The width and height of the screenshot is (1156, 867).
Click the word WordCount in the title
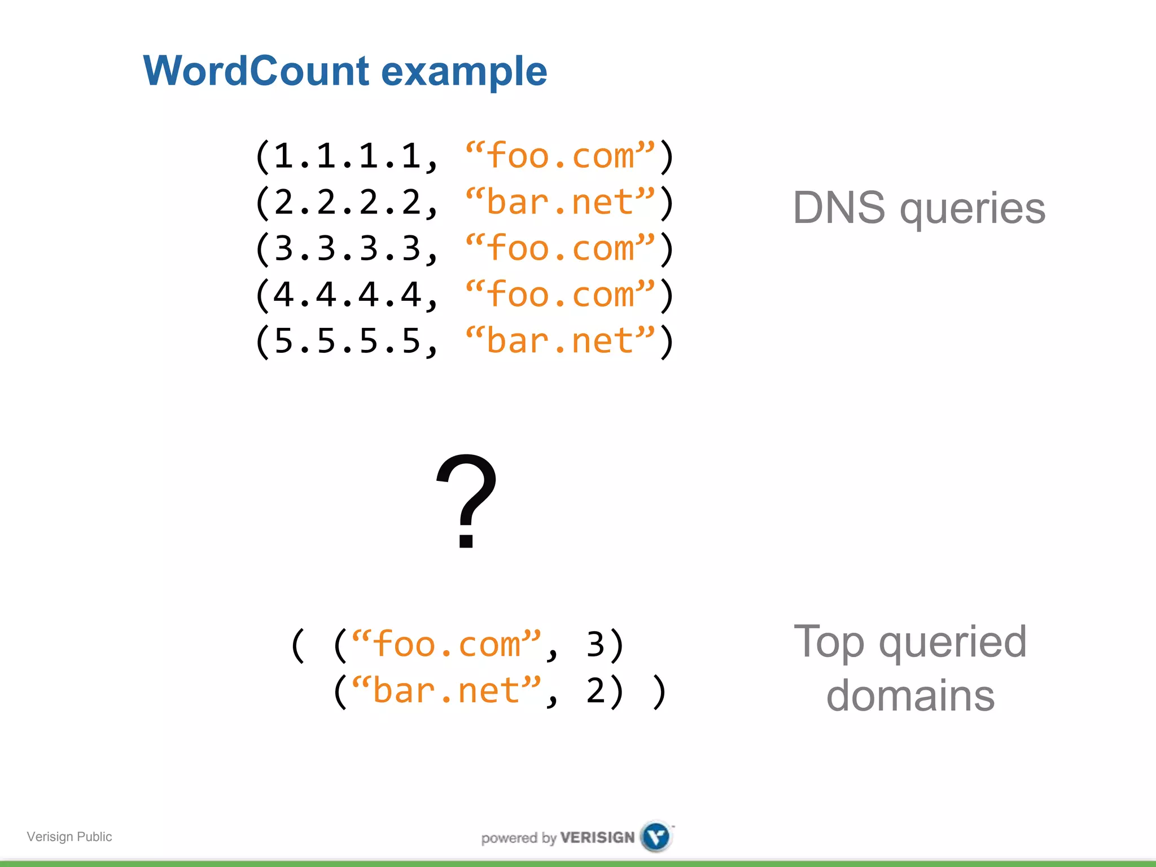click(257, 71)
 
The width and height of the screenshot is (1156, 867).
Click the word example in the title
click(464, 72)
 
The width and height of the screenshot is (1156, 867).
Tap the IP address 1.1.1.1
click(347, 156)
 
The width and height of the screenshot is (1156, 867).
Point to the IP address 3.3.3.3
click(347, 248)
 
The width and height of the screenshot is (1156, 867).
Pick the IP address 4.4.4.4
click(347, 295)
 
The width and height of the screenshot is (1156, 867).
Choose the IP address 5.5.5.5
click(347, 341)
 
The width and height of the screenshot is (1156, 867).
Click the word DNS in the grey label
click(839, 208)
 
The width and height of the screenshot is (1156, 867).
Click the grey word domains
click(910, 695)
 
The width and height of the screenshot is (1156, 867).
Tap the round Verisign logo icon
click(656, 837)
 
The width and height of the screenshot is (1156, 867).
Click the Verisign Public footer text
click(69, 837)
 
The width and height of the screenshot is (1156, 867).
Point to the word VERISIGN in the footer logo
click(597, 838)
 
